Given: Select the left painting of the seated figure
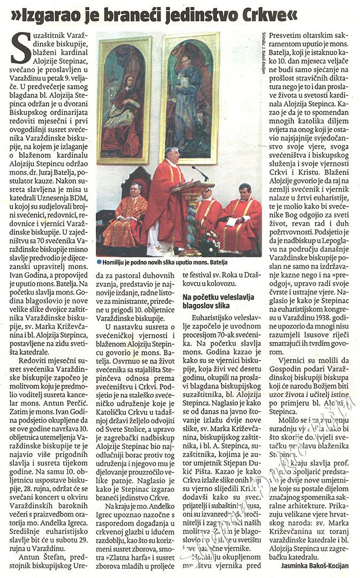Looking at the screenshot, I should click(x=124, y=100).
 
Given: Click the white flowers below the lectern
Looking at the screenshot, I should click(x=206, y=243).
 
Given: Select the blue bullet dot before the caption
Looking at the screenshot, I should click(x=99, y=262).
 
